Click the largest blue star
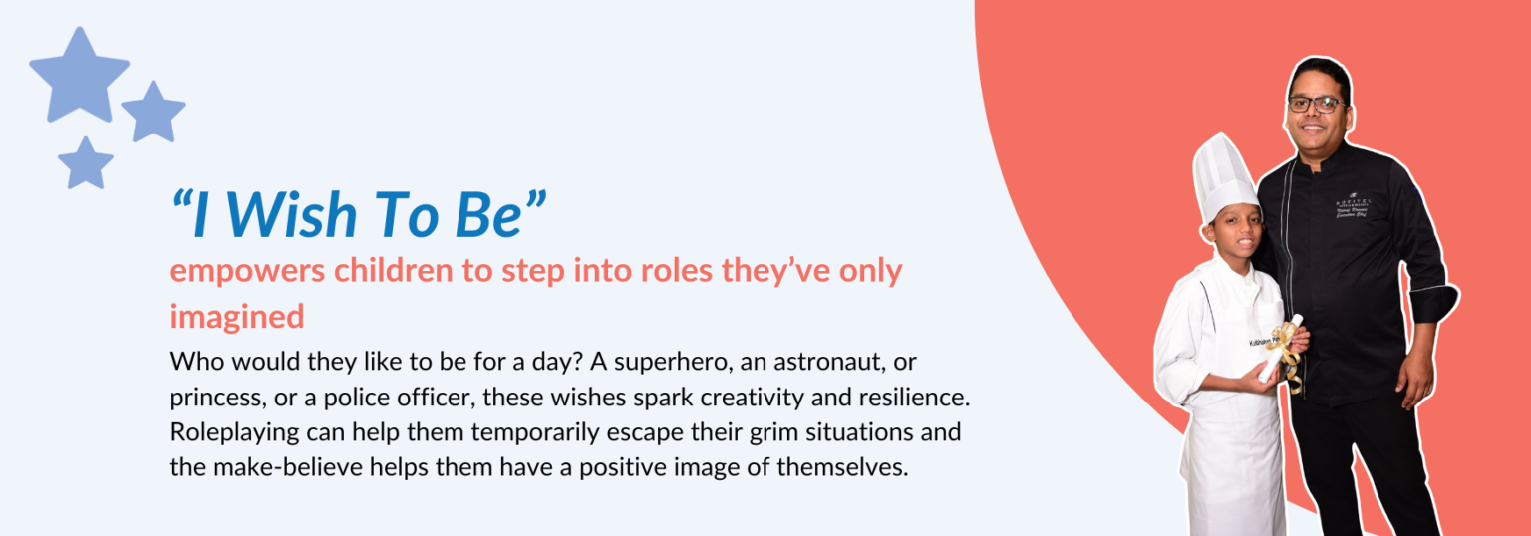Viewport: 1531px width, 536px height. point(79,75)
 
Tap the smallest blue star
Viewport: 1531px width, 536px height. point(85,164)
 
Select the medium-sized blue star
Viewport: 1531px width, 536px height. point(153,113)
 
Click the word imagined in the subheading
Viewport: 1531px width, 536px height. point(237,316)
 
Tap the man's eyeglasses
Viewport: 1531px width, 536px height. point(1318,103)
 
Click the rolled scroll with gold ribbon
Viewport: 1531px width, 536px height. point(1281,349)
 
